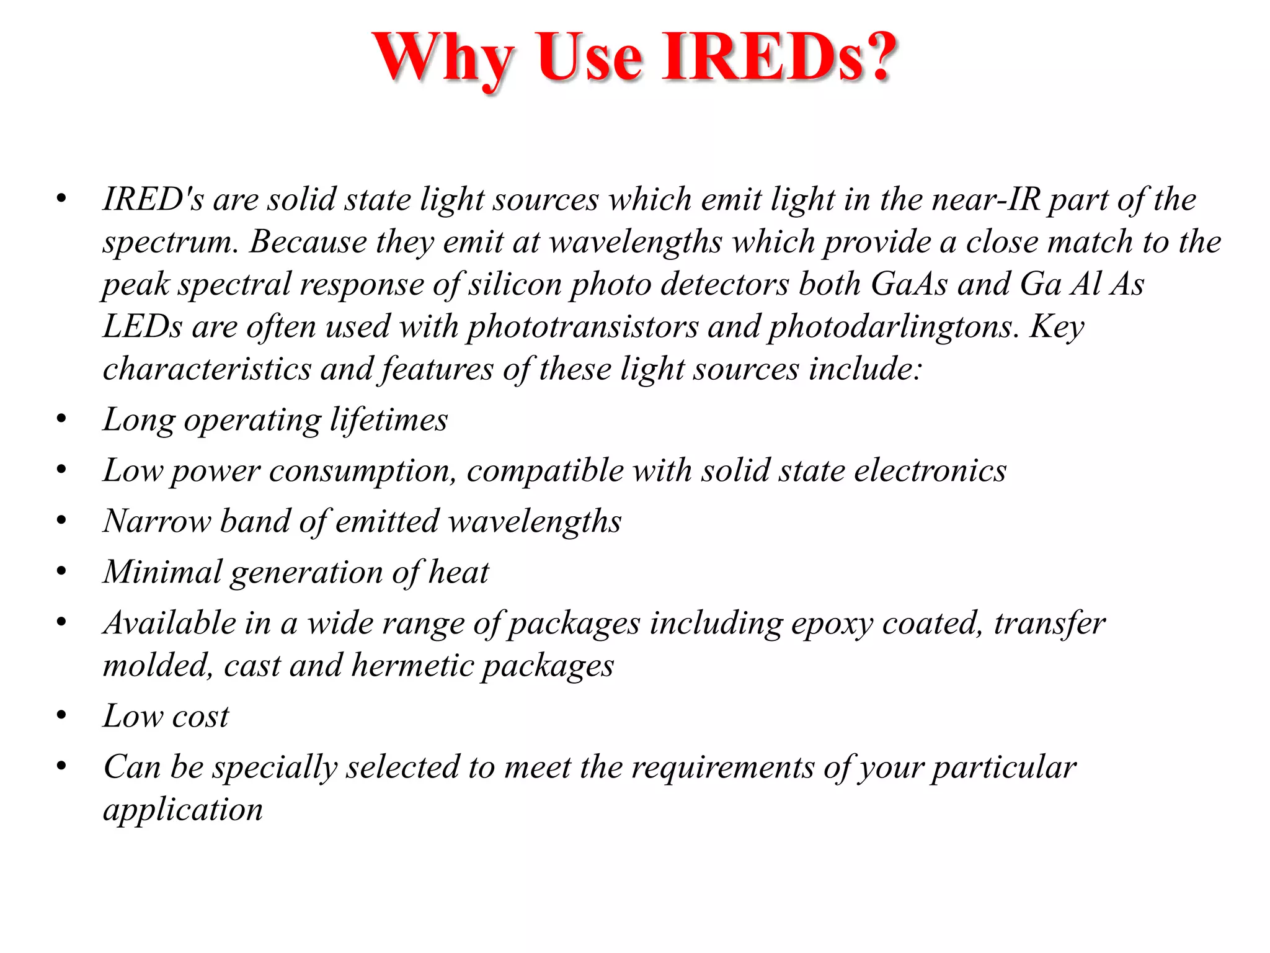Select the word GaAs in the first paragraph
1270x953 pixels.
pos(909,284)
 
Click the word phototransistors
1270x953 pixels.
pos(582,327)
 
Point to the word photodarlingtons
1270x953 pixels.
pos(894,327)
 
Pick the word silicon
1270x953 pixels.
pos(514,284)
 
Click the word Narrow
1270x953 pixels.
pos(157,521)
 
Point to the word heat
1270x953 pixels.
pos(458,572)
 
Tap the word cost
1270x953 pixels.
pos(200,717)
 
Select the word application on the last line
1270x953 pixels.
pos(183,810)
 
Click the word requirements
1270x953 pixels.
pos(722,767)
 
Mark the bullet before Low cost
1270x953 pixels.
pos(61,716)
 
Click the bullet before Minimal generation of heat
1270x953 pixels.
pos(61,571)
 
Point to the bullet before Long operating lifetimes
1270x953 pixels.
pos(61,419)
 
